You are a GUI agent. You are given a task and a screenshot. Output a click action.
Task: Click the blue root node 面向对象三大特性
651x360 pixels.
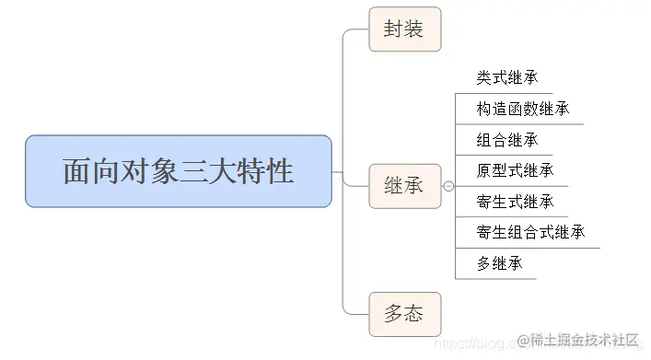pos(178,171)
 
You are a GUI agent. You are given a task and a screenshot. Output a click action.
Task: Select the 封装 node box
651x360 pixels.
pos(404,29)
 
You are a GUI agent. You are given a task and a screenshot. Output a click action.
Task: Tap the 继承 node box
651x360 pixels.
pos(404,185)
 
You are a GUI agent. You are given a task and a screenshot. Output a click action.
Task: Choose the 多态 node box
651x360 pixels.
pos(404,313)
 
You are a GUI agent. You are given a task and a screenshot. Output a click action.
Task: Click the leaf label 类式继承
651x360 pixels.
pos(507,77)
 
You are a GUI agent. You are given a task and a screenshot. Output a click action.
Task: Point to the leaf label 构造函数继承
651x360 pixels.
pos(522,109)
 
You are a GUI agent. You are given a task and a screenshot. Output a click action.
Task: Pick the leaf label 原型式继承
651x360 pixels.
pos(515,170)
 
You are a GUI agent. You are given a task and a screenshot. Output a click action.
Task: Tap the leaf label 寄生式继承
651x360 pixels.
pos(515,202)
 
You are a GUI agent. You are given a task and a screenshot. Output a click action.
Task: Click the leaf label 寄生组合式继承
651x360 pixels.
pos(530,232)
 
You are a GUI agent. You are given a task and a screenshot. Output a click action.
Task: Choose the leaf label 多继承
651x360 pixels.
pos(500,263)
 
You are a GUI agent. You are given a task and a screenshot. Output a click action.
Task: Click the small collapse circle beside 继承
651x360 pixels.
pos(448,186)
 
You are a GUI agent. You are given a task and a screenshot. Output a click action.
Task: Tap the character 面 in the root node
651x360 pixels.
pos(76,172)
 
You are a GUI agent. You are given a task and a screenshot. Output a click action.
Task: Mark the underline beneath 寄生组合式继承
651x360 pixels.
pos(528,247)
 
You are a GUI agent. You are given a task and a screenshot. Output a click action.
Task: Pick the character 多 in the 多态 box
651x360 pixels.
pos(394,313)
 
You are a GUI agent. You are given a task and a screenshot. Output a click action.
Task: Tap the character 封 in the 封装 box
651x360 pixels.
pos(394,29)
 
